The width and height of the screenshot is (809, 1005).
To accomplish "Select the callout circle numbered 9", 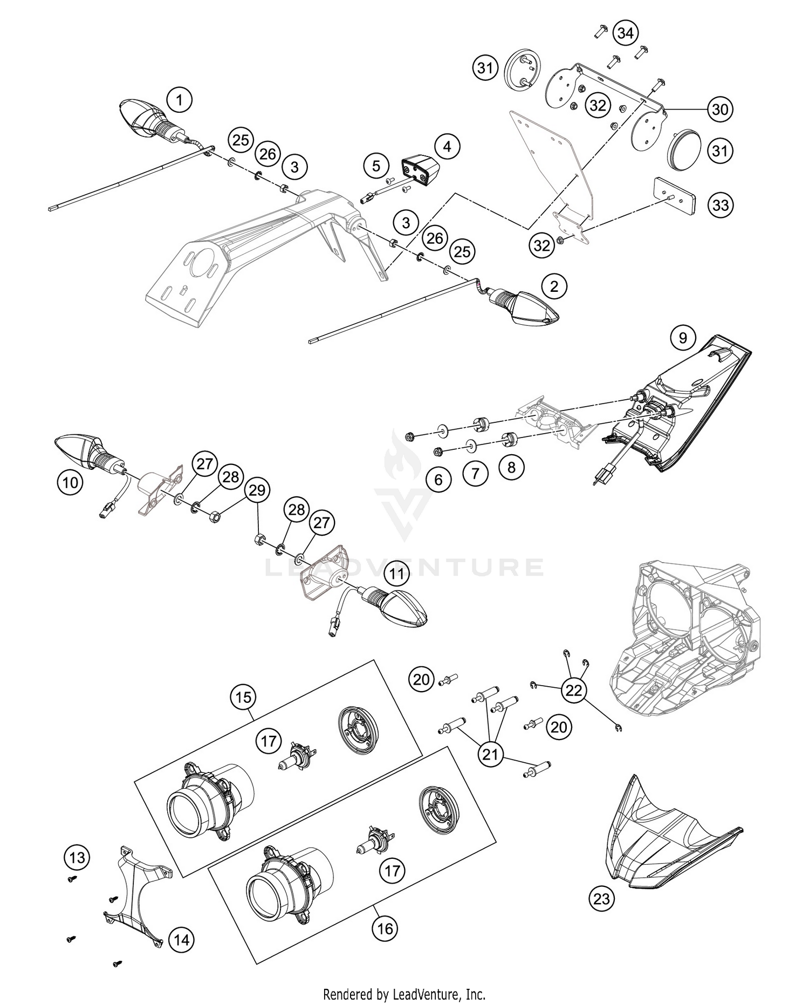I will [x=683, y=338].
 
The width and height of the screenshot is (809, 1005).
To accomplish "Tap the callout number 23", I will [x=601, y=898].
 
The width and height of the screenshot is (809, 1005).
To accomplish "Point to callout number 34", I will [x=625, y=33].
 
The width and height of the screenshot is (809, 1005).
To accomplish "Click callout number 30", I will [x=720, y=110].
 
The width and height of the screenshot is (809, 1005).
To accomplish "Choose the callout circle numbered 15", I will [x=243, y=697].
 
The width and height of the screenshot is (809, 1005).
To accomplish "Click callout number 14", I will [x=182, y=940].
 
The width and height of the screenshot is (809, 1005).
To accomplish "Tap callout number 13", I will [x=77, y=857].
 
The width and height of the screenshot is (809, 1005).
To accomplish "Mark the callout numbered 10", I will [x=70, y=482].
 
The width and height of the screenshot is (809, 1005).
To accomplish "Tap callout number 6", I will [x=438, y=479].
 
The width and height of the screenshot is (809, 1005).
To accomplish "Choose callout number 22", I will [x=573, y=689].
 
